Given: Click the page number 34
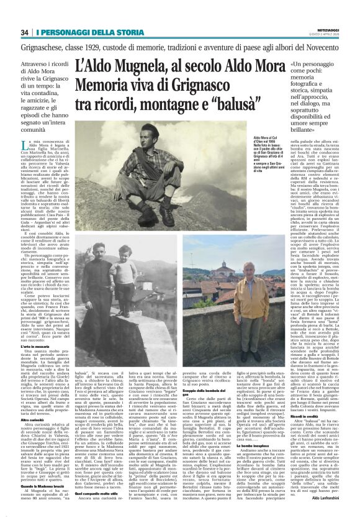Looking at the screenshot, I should click(x=25, y=32).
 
